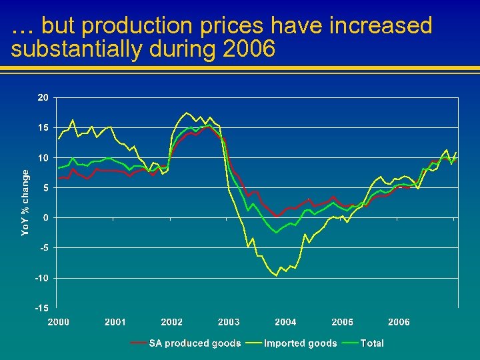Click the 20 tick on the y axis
tap(43, 97)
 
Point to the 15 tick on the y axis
tap(43, 127)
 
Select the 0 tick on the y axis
tap(45, 218)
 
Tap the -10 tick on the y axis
tap(41, 278)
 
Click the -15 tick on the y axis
tap(41, 308)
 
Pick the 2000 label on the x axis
tap(58, 322)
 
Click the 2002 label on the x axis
tap(172, 322)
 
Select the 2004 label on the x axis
tap(285, 322)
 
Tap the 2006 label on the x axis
tap(399, 322)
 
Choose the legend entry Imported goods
tap(301, 343)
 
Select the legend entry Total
tap(372, 343)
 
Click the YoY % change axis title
tap(25, 202)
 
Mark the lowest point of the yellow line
tap(276, 275)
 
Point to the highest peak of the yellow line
tap(187, 113)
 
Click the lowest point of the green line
tap(276, 233)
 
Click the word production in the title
tap(136, 26)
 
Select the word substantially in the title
tap(69, 49)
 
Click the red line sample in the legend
tap(139, 343)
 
